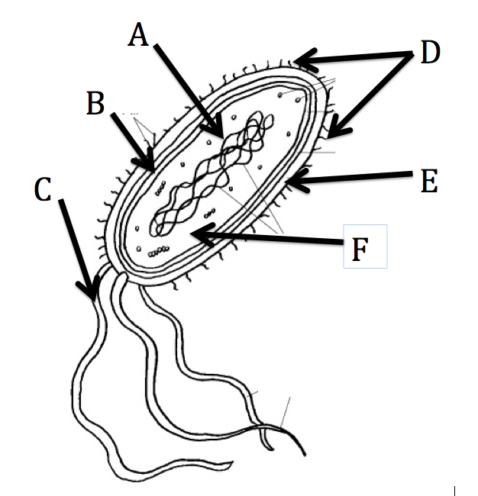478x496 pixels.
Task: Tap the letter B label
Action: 95,103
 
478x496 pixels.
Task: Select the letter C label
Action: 44,188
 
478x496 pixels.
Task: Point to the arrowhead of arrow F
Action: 195,235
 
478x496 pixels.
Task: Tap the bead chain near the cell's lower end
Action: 158,253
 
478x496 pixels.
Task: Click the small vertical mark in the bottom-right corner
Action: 455,490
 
